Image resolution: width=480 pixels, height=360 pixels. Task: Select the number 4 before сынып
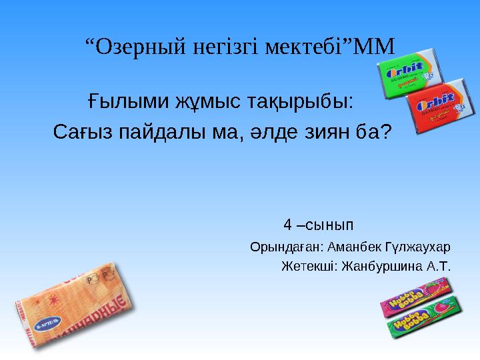(287, 223)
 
